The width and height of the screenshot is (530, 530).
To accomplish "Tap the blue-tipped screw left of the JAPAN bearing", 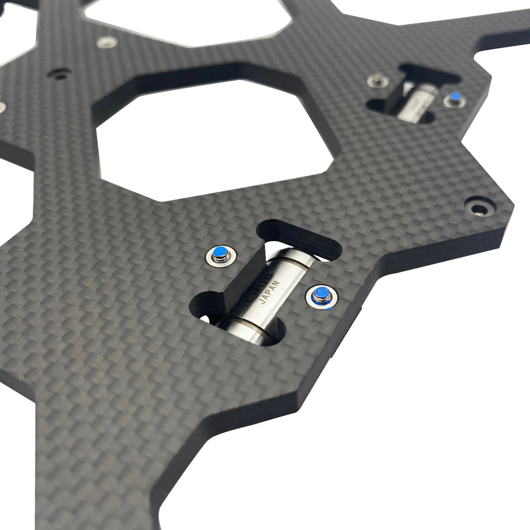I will pyautogui.click(x=220, y=254).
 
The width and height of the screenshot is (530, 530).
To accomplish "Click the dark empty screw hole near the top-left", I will pyautogui.click(x=60, y=74).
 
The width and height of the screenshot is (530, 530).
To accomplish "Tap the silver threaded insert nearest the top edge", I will pyautogui.click(x=107, y=41).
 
